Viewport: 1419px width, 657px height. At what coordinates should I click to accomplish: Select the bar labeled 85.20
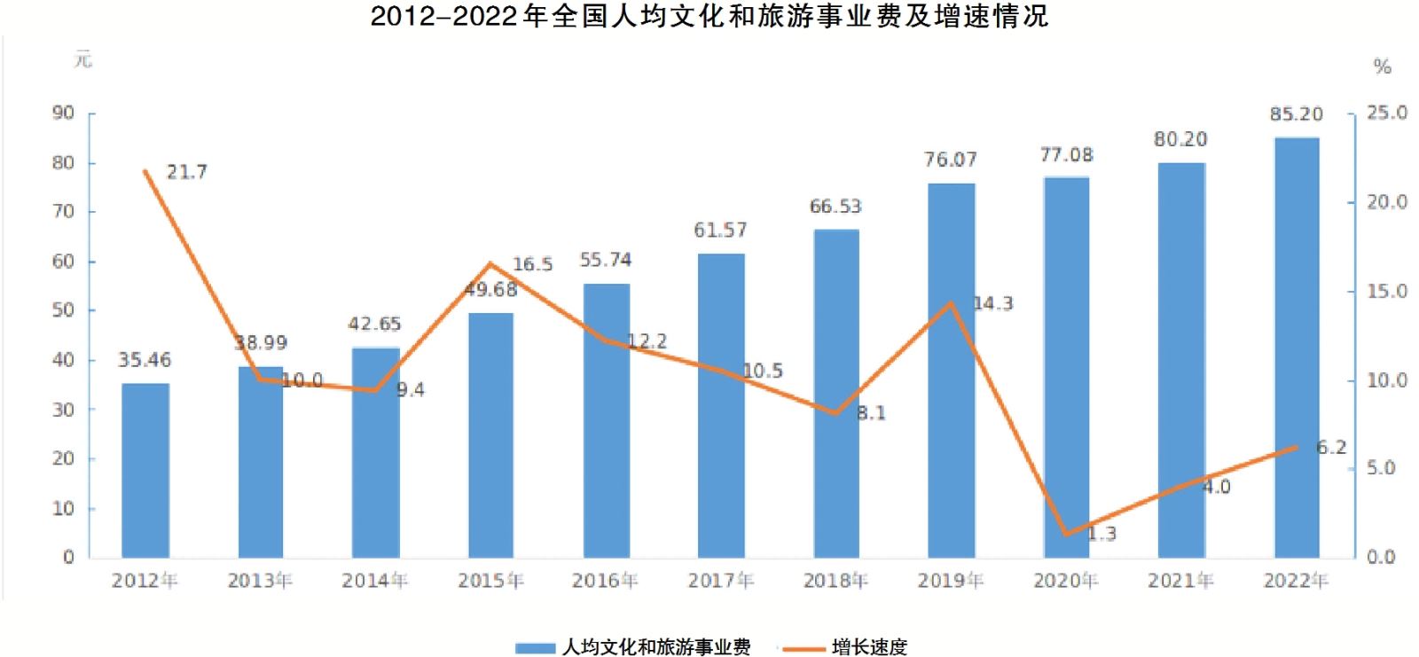(x=1296, y=348)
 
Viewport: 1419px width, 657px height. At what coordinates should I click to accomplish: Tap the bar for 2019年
(x=951, y=371)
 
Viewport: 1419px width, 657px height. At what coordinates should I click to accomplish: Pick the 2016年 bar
(x=606, y=420)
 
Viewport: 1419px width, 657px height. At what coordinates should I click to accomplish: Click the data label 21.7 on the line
(x=187, y=172)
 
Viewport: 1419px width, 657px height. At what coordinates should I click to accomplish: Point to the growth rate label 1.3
(x=1101, y=534)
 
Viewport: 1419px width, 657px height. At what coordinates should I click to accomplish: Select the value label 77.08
(x=1066, y=155)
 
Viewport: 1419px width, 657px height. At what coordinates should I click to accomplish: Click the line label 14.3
(x=992, y=303)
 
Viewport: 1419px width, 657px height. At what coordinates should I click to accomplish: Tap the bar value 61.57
(x=720, y=231)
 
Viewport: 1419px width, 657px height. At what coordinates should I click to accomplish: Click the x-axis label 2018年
(x=835, y=581)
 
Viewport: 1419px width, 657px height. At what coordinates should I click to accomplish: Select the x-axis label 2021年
(x=1180, y=581)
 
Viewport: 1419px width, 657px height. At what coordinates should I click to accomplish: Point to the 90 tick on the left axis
(x=64, y=113)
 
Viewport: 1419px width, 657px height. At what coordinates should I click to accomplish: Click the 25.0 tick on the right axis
(x=1387, y=113)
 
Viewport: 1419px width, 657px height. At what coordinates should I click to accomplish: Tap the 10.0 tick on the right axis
(x=1387, y=379)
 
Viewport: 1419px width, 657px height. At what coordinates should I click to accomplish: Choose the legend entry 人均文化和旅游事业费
(x=656, y=647)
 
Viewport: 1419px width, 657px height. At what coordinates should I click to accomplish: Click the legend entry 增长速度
(x=869, y=647)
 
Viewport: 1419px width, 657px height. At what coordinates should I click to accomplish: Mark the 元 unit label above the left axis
(x=82, y=60)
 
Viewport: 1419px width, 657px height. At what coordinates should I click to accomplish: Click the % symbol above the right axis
(x=1382, y=66)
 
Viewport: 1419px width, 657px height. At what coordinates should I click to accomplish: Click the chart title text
(x=709, y=16)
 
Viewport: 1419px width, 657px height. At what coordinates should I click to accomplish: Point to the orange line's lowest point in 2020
(x=1065, y=535)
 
